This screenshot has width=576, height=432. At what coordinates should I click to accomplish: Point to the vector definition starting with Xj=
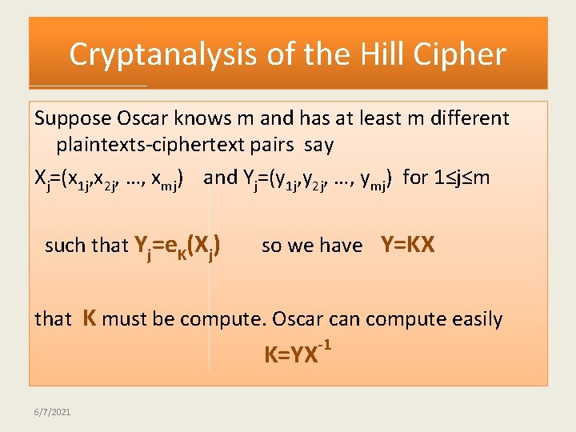tap(111, 178)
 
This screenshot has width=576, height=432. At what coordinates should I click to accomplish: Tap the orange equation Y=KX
tap(407, 245)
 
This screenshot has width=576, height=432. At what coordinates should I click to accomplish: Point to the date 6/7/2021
tap(52, 412)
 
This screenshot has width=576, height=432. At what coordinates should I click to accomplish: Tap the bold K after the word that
tap(90, 318)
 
